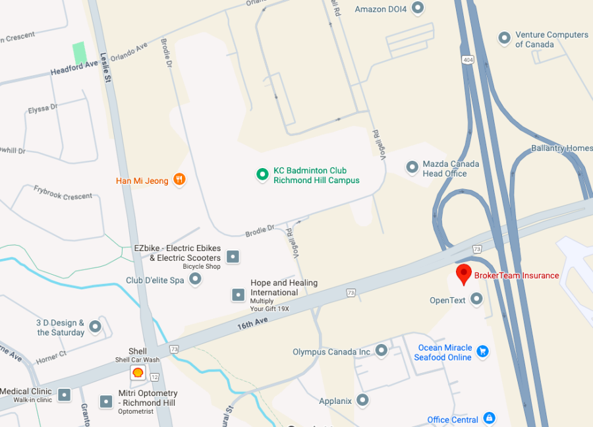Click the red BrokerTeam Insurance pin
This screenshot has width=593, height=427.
click(463, 273)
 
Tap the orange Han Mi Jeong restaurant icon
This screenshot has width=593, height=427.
click(179, 179)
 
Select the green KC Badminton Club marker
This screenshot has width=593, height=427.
click(262, 174)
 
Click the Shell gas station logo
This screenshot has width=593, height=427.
click(138, 373)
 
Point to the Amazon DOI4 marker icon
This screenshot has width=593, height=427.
click(417, 8)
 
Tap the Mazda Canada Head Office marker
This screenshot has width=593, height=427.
click(412, 167)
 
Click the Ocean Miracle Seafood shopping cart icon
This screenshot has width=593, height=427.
click(483, 351)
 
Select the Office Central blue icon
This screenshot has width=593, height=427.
click(489, 418)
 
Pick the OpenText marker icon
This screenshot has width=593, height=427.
click(476, 299)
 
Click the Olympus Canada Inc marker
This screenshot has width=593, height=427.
click(381, 351)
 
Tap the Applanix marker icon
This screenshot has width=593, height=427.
click(362, 399)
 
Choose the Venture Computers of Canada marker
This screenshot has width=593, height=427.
click(505, 38)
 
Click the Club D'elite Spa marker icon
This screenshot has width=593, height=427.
click(195, 279)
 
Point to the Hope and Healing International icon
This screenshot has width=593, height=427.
click(239, 295)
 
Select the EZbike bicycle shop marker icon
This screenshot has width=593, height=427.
click(233, 256)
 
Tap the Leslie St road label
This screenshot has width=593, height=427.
click(105, 65)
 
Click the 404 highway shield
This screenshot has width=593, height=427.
click(467, 60)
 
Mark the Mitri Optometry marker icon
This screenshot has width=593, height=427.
click(106, 401)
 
